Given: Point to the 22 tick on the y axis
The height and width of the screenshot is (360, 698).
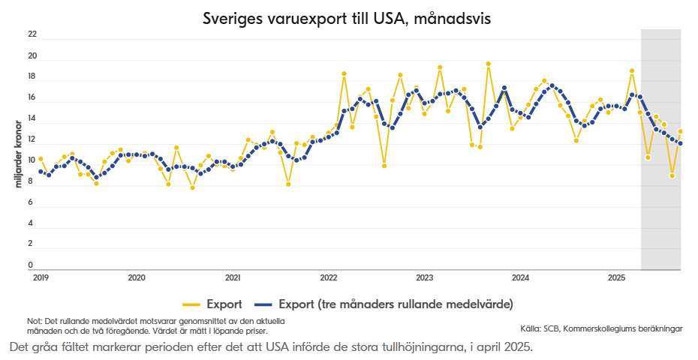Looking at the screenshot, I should coord(32,34).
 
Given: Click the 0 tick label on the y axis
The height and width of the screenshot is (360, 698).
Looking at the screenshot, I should coord(31,265).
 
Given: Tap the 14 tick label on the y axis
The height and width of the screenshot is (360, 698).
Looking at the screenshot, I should coord(32,119).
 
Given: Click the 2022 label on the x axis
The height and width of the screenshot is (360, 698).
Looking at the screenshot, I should coord(329,277).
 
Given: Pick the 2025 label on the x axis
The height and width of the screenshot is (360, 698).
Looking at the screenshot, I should coord(616,277).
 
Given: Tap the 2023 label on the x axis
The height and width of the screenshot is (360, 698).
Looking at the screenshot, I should coord(425,277).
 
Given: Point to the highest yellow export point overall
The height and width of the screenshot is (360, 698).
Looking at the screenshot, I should coord(488,64).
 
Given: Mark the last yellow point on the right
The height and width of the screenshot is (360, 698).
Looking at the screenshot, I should coord(680,131).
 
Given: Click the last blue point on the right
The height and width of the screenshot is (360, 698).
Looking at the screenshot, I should coord(680,143).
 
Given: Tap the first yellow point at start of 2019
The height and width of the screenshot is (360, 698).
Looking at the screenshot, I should coord(41,159).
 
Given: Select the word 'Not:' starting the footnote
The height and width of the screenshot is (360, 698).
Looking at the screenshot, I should coord(35,321).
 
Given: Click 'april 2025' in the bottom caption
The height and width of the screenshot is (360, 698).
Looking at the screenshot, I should coord(507,347).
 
